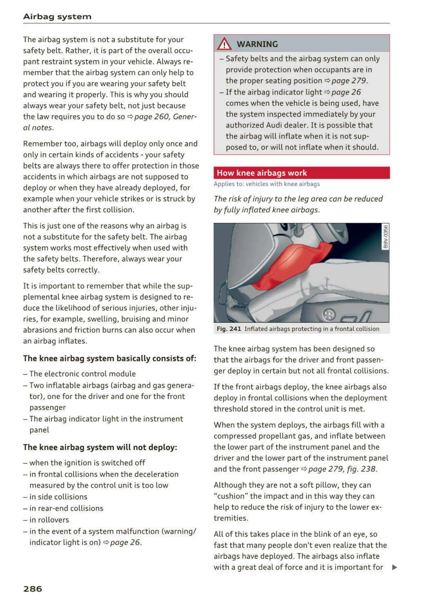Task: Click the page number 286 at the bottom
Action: pos(33,589)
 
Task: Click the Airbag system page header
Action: pos(57,17)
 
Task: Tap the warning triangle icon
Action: pos(224,44)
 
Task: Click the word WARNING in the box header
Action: pos(257,44)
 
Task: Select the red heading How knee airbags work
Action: pos(262,173)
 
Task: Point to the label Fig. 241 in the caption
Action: pos(229,329)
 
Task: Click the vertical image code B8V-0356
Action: pos(385,236)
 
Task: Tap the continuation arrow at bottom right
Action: pos(394,567)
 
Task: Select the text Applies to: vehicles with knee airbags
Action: pos(267,184)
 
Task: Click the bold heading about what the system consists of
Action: pos(109,358)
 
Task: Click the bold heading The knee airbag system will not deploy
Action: pos(100,447)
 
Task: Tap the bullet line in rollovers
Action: pos(49,520)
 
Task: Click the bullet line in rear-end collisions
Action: pos(66,508)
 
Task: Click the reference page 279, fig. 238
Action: pos(342,469)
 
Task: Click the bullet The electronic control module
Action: pos(82,374)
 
